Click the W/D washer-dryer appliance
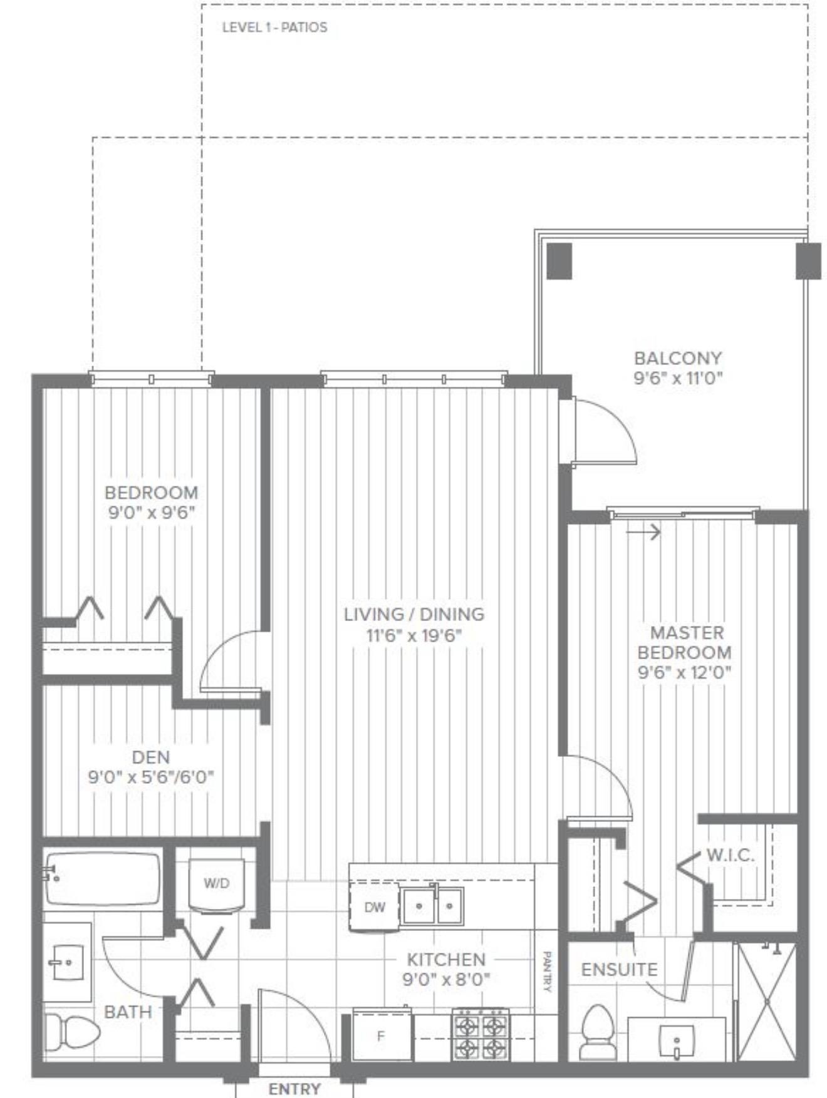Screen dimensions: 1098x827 click(216, 885)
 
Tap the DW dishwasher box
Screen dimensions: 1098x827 click(374, 907)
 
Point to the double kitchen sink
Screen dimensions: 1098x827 click(432, 905)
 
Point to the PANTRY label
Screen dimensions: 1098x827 click(546, 972)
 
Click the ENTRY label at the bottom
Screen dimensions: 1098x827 click(294, 1089)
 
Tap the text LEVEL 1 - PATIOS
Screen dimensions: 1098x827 click(274, 28)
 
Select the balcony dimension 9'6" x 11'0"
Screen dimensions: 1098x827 click(679, 378)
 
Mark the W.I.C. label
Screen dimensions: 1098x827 click(730, 855)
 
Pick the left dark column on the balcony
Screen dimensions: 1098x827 click(559, 261)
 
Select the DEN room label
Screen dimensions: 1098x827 click(151, 757)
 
